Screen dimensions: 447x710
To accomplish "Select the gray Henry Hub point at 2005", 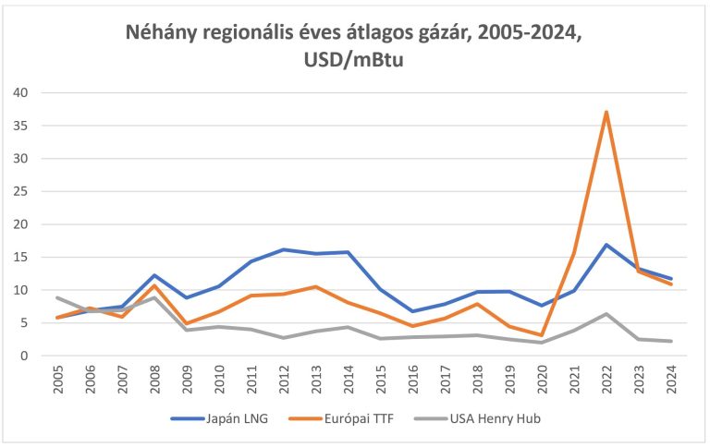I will pyautogui.click(x=58, y=297).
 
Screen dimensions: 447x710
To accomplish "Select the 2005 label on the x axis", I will pyautogui.click(x=58, y=381).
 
